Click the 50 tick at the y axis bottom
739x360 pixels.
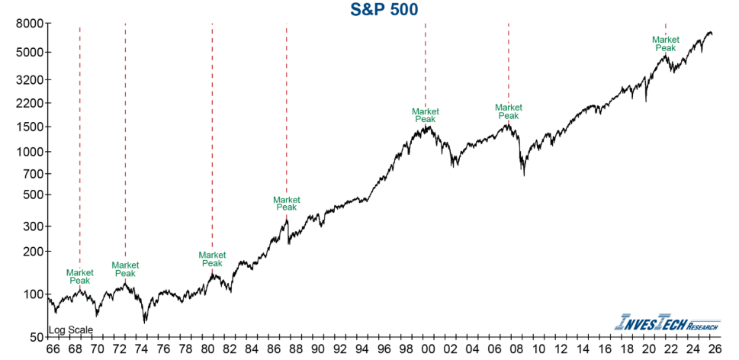[x=34, y=337]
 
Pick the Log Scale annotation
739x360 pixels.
[x=71, y=330]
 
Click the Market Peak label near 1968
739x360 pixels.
[x=80, y=276]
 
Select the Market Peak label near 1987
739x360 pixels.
[x=286, y=203]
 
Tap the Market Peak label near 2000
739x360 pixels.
[x=425, y=115]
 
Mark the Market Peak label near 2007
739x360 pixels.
[x=509, y=111]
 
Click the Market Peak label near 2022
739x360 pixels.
[x=667, y=43]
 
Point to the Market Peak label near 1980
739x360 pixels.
[x=212, y=259]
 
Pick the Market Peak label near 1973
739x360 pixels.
[x=125, y=269]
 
